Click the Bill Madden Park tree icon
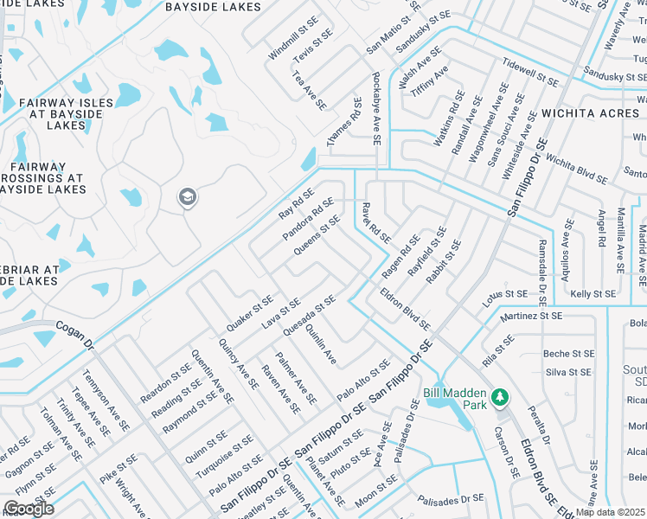click(499, 397)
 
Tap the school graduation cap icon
click(186, 199)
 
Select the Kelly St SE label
click(593, 294)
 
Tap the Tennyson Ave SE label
click(106, 401)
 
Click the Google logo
click(29, 508)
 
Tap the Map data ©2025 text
click(611, 512)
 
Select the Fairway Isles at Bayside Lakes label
click(65, 114)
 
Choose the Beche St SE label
click(569, 354)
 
